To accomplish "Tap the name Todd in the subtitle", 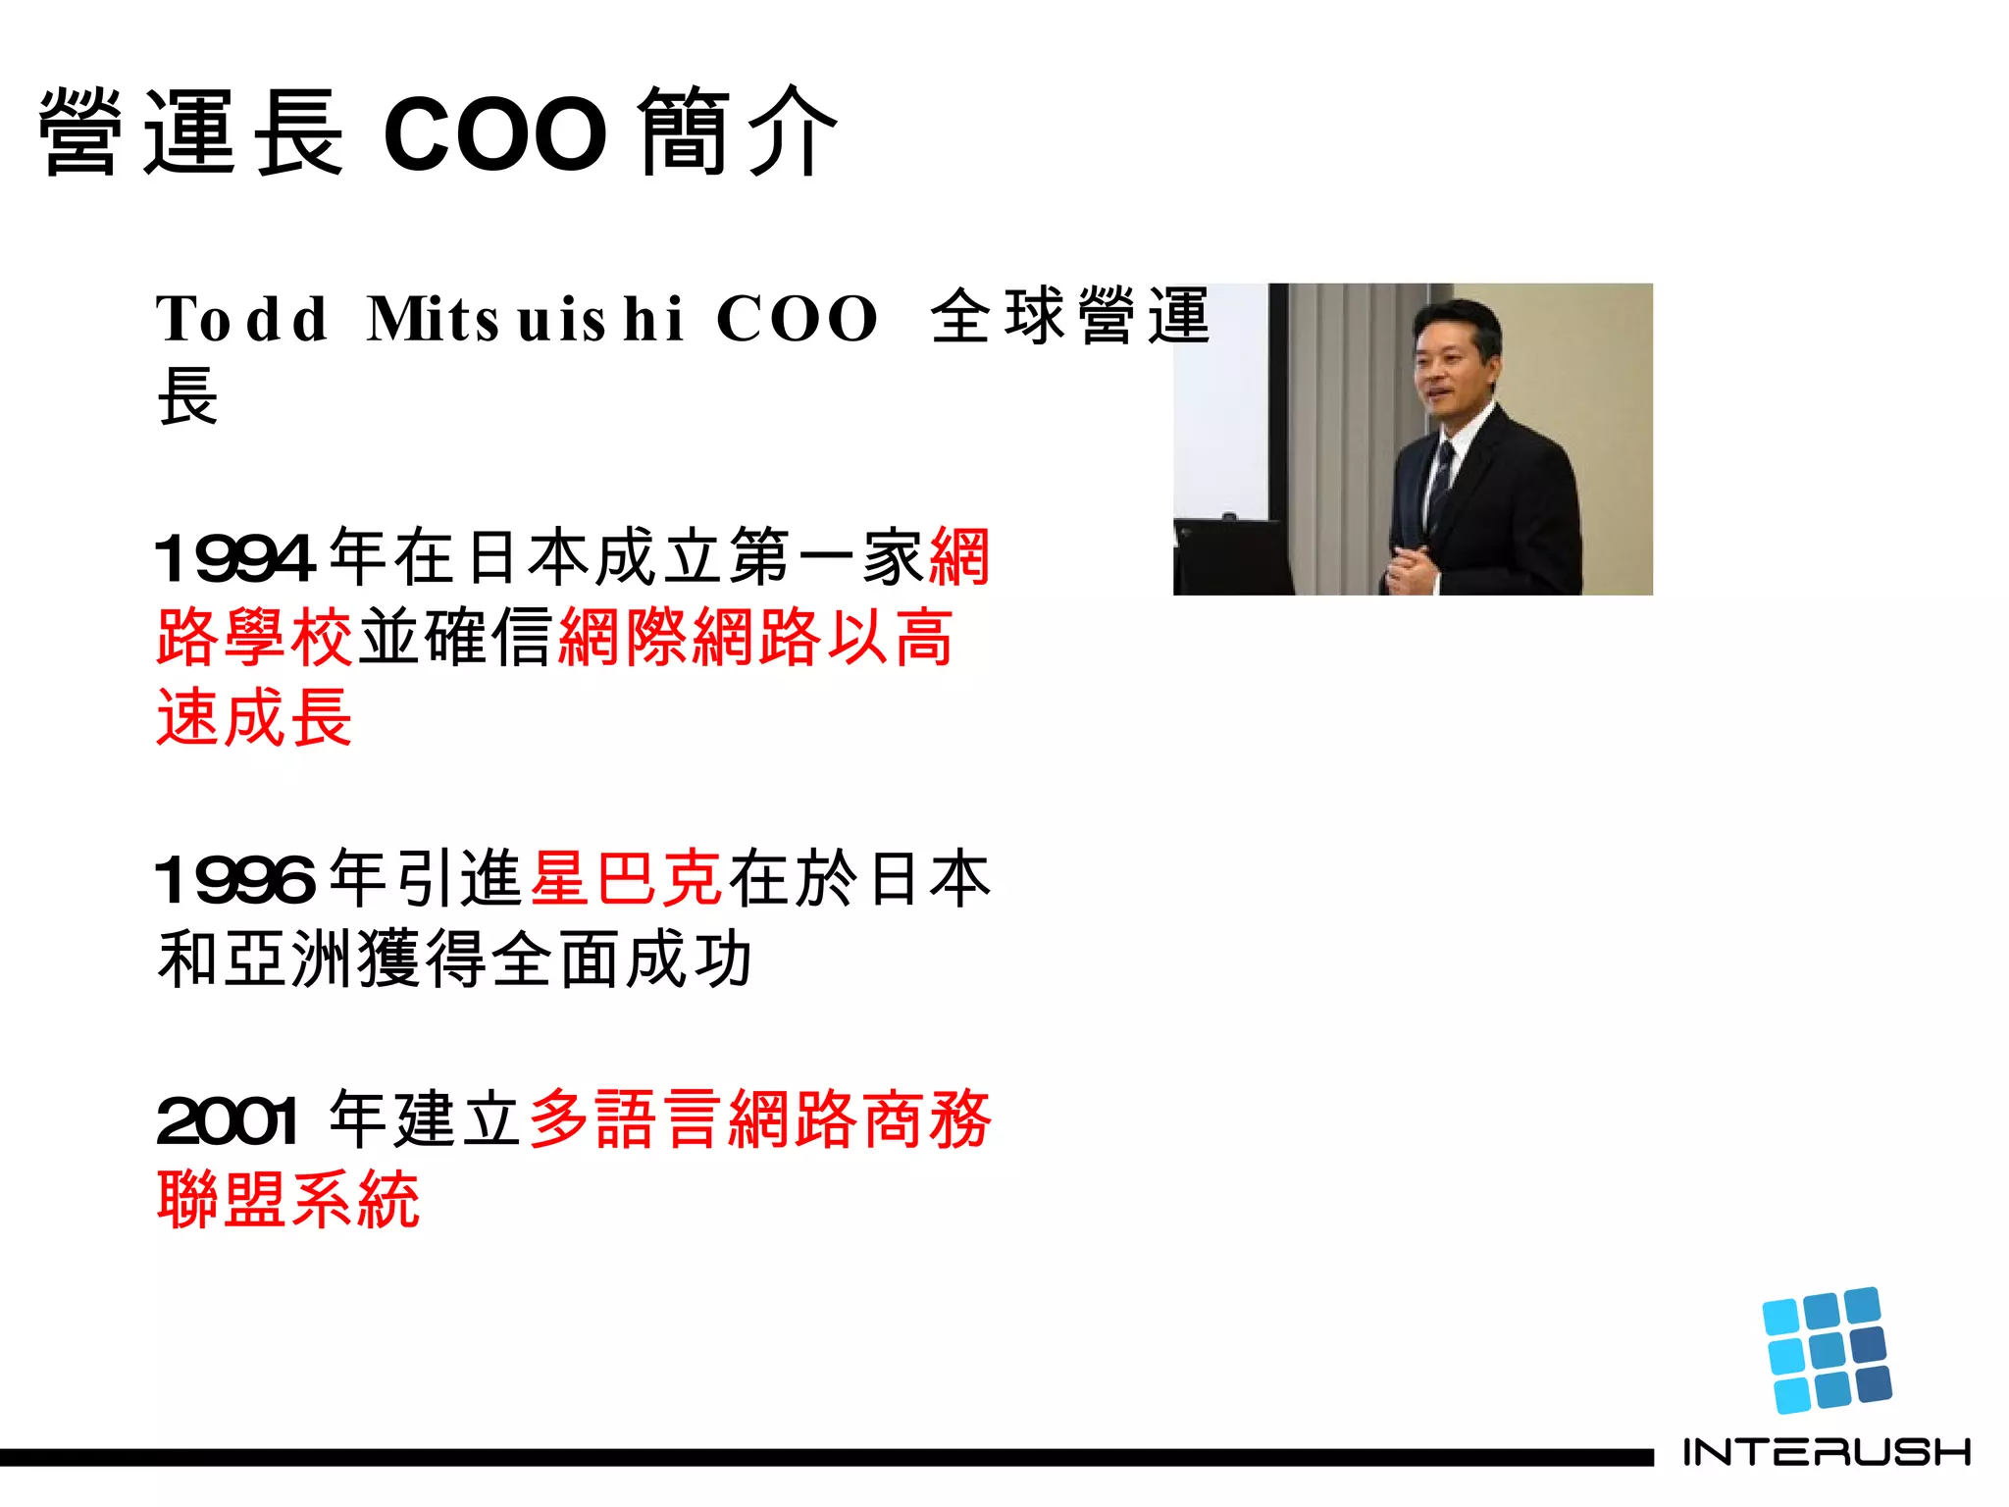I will [x=241, y=319].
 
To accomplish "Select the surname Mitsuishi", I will [x=525, y=319].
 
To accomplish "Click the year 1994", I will [x=235, y=558].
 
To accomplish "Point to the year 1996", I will [x=235, y=879].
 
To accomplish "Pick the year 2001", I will [x=228, y=1120].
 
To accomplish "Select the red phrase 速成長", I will [x=255, y=718].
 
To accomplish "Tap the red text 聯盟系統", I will [x=288, y=1200].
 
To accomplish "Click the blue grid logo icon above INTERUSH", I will [x=1827, y=1350].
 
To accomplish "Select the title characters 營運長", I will [x=191, y=132].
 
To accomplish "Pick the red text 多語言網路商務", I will [x=761, y=1119].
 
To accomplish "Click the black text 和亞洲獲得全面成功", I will [x=455, y=960].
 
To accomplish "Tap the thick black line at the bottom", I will [x=824, y=1457].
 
